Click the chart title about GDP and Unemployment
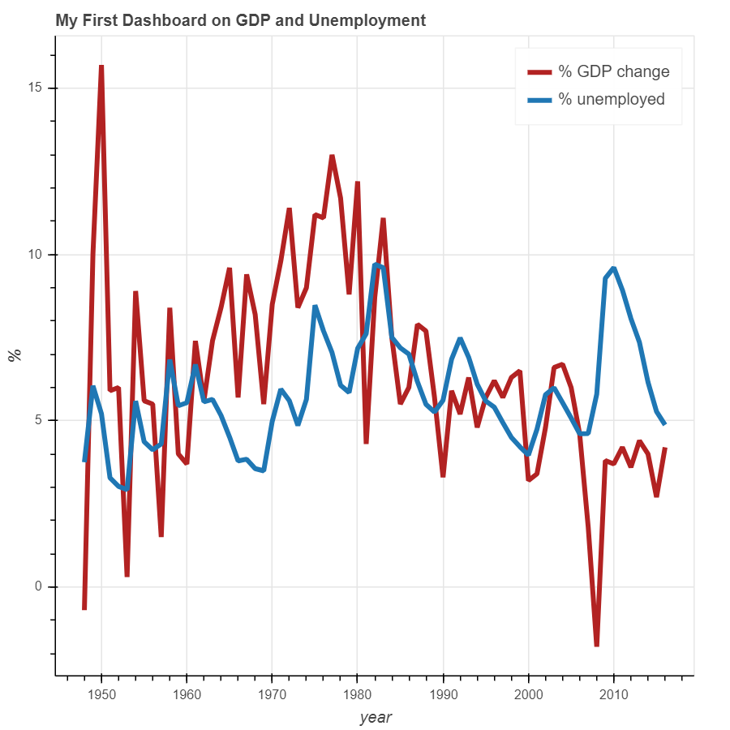240,20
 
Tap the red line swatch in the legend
539,71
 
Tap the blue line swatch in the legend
539,99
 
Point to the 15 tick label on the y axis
37,88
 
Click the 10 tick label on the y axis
37,255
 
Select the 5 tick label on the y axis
41,420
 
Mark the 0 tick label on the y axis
41,586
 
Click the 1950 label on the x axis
101,695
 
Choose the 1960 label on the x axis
187,695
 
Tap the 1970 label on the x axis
272,695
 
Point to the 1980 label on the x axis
357,695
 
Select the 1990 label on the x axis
443,695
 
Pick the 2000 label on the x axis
528,695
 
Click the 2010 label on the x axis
613,695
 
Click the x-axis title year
376,717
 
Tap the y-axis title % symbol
14,354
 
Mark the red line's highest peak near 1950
101,66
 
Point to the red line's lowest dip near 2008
596,645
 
